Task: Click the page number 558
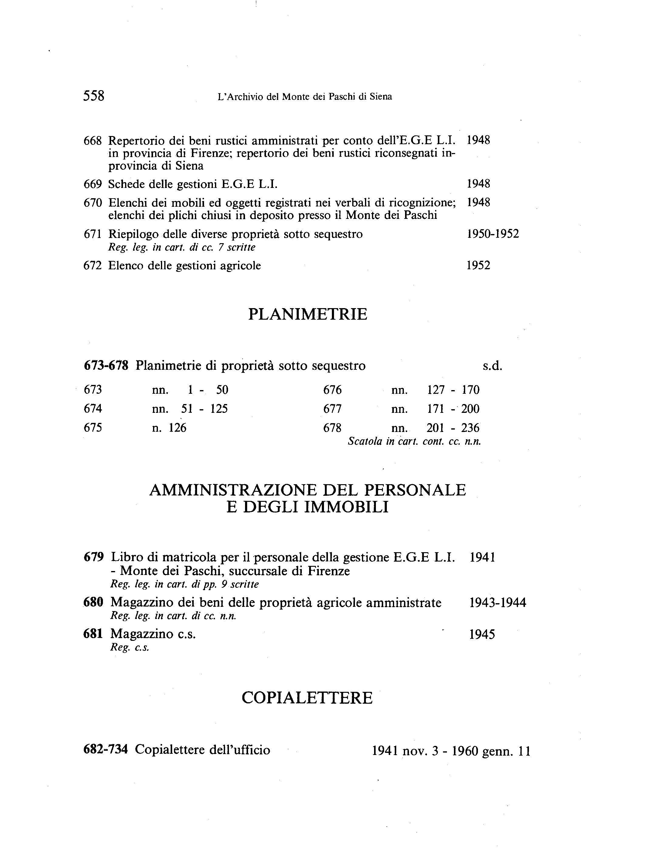94,96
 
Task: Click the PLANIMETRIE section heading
307,314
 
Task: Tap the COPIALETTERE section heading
307,698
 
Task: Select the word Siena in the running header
380,97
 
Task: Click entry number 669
93,184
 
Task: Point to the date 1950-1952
493,234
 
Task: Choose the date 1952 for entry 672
478,265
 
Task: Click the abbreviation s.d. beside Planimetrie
492,366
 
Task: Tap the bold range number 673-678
106,366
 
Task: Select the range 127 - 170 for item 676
453,390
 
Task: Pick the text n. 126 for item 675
169,428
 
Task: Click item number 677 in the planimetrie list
332,409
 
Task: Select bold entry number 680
94,603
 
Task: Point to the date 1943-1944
498,603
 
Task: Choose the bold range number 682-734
105,750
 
